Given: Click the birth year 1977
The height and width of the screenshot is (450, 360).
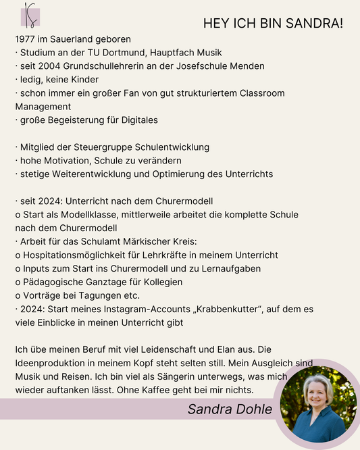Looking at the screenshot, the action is pos(26,39).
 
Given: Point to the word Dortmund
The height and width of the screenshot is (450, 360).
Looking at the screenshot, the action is pos(127,53).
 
